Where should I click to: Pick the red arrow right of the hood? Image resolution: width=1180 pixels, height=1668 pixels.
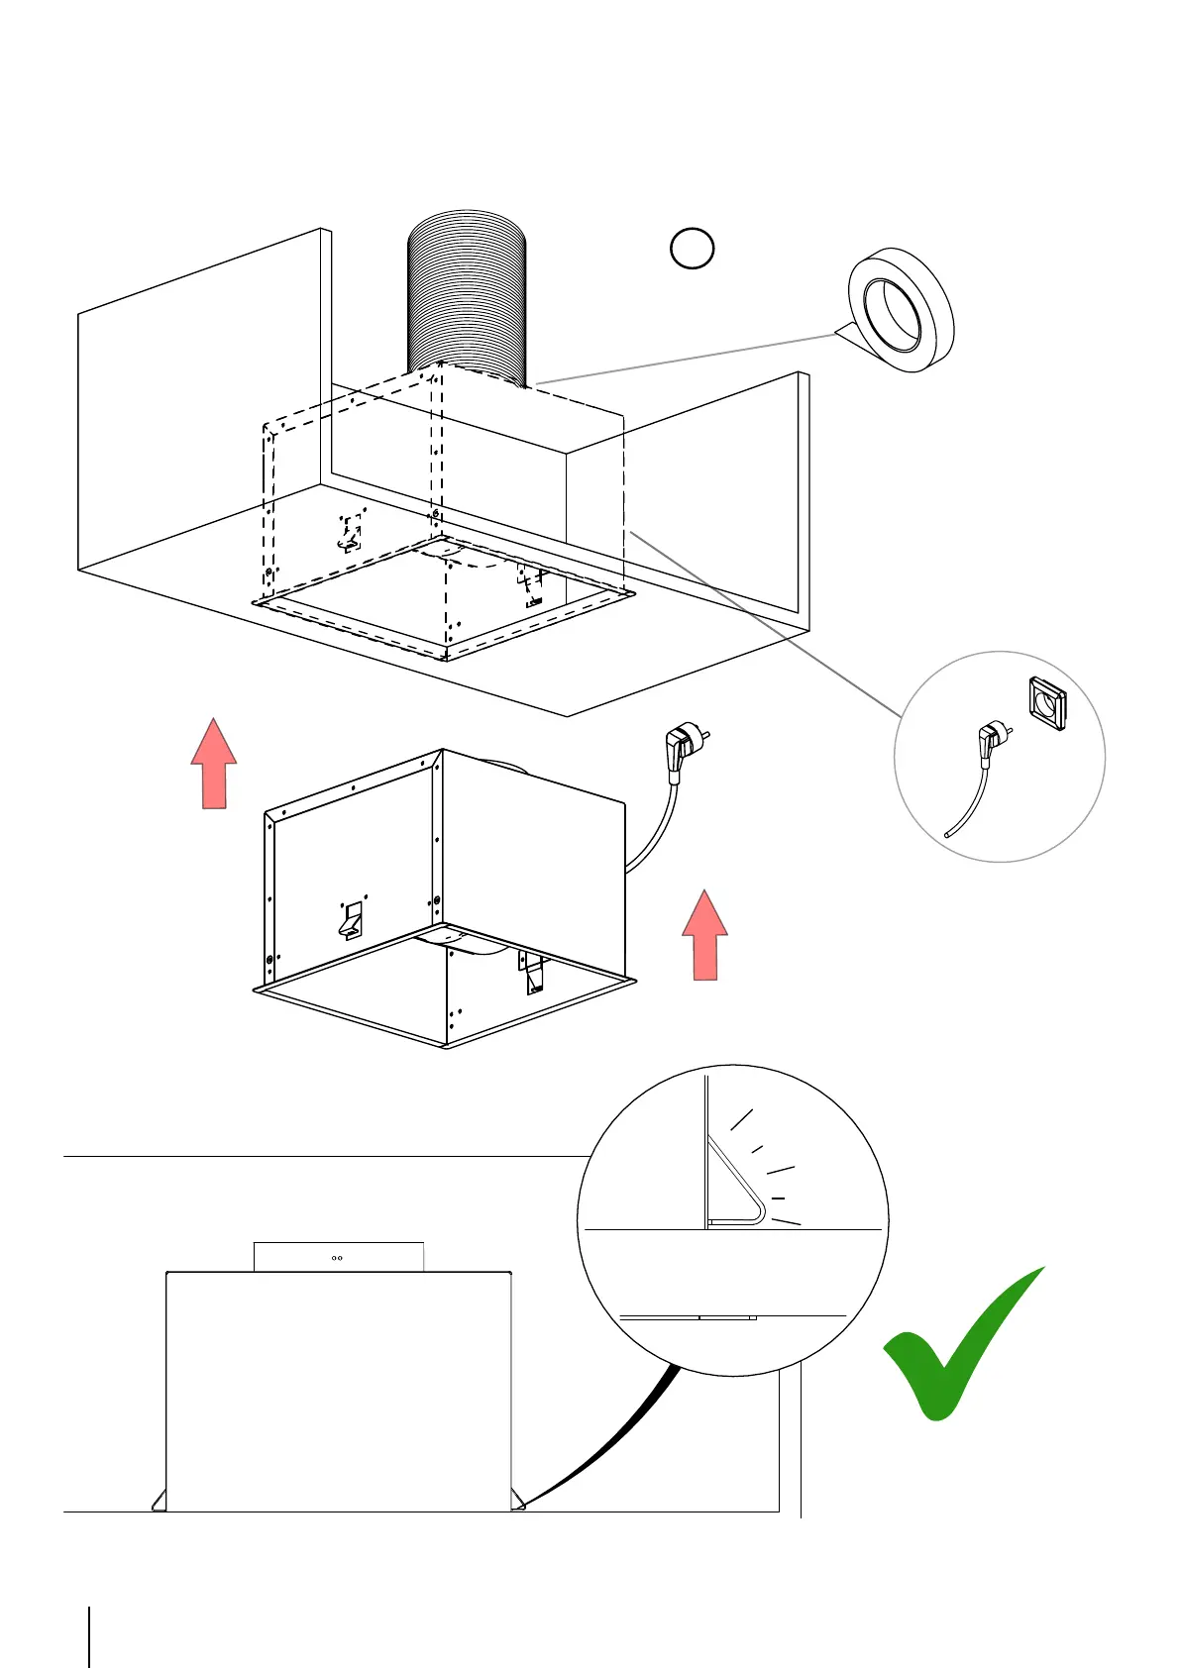(704, 935)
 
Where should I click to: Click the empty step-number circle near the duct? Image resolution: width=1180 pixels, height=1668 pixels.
(692, 248)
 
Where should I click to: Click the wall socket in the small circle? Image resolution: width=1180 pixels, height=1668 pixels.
(1046, 703)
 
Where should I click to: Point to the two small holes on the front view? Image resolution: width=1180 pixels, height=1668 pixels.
(337, 1258)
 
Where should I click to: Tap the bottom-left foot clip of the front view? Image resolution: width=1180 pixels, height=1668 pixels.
(159, 1500)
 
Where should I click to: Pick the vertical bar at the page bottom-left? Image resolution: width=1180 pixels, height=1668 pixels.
(89, 1636)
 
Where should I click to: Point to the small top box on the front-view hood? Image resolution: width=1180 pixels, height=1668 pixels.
(339, 1257)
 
